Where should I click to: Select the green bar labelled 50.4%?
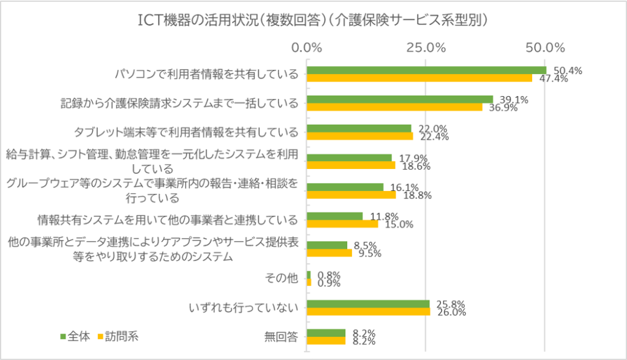[426, 70]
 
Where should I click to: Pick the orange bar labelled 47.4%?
[419, 78]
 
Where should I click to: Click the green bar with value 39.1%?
[399, 99]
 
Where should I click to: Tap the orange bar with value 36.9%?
[394, 107]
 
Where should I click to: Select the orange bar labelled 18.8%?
[351, 195]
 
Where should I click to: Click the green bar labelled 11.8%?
[334, 216]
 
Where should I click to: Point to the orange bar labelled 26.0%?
[368, 312]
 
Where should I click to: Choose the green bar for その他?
[309, 274]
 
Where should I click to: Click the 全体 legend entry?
[75, 336]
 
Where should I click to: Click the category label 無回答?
[282, 337]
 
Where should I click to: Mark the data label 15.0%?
[399, 224]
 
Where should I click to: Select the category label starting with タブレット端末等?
[186, 132]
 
